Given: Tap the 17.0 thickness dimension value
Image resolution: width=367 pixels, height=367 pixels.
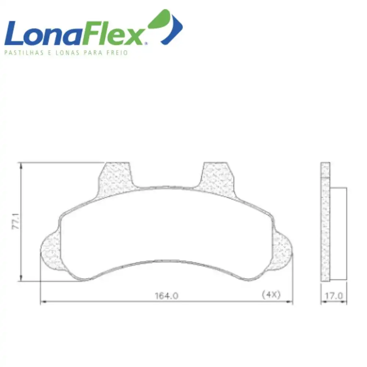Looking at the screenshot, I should tap(334, 295).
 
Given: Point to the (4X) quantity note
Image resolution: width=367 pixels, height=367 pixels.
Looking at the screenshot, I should tap(271, 294).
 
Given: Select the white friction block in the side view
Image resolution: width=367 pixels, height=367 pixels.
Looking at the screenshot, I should tap(339, 233).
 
